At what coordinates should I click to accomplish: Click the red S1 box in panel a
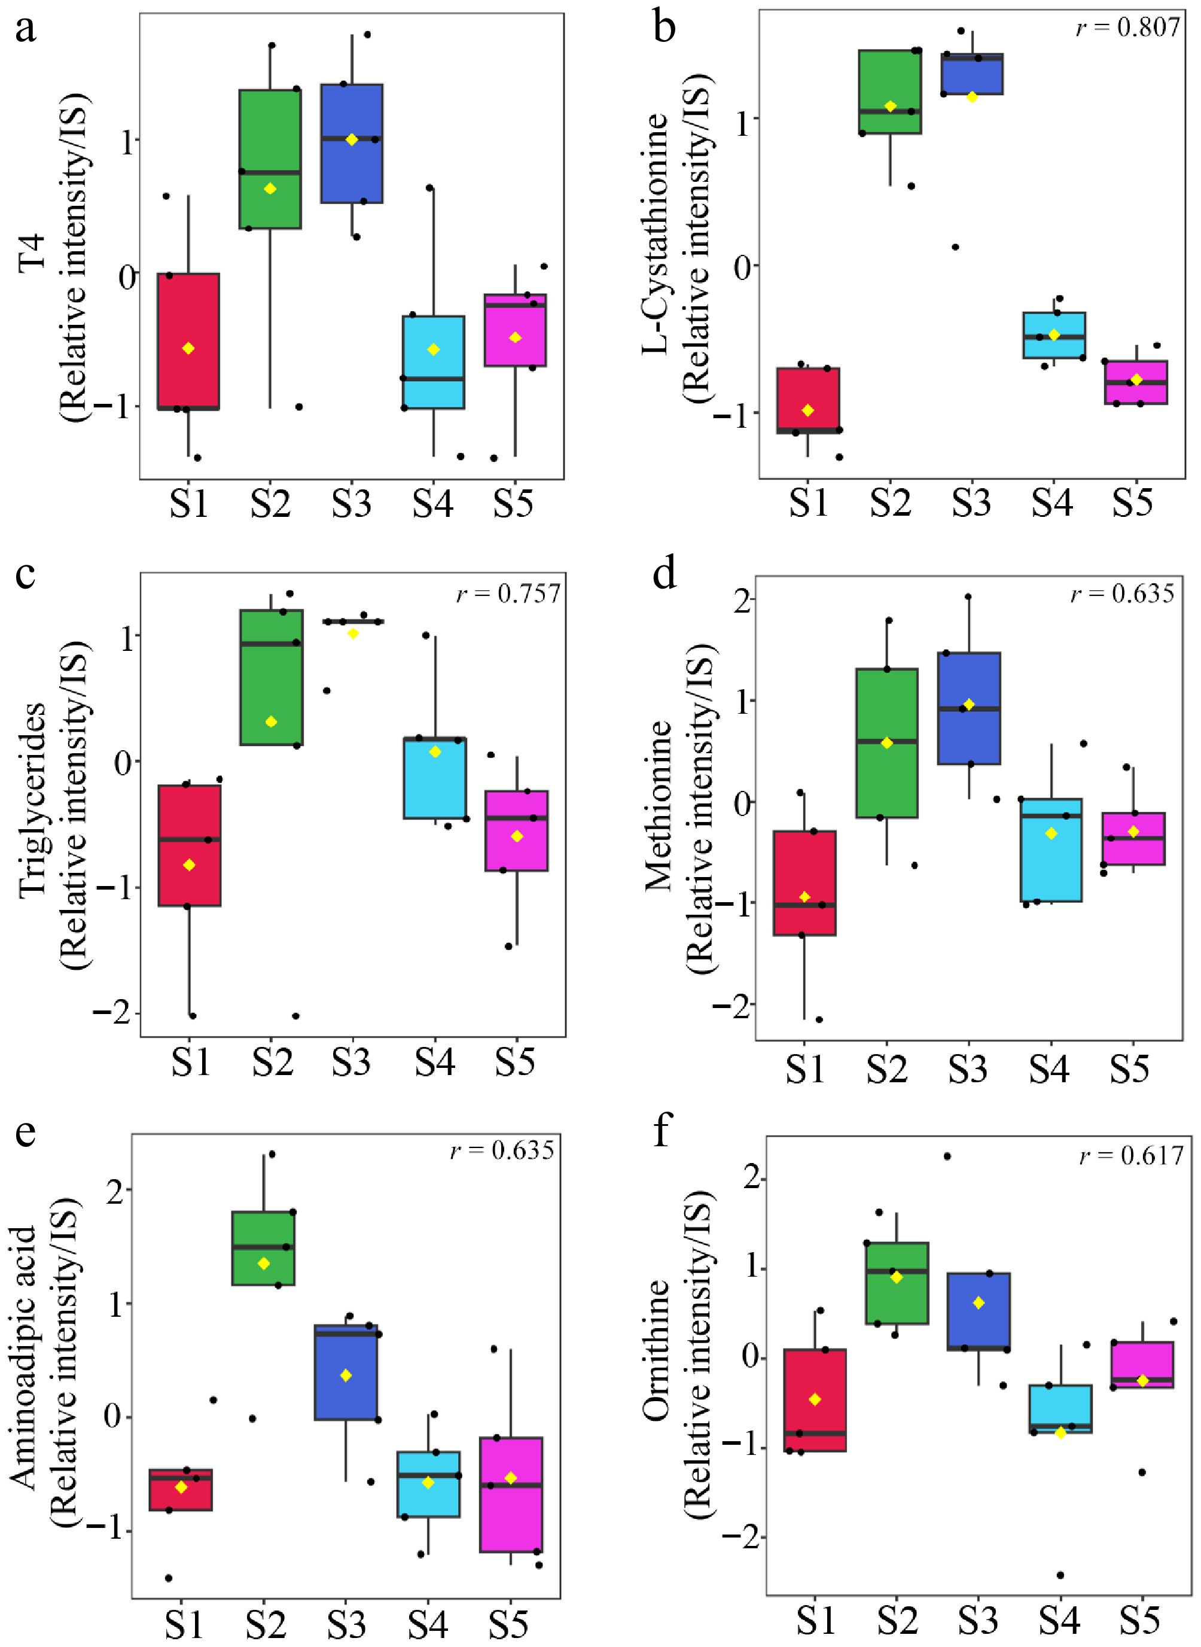188,341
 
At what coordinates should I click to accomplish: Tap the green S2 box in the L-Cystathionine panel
890,92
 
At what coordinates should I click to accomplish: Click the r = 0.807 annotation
1127,28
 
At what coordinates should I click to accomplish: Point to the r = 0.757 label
508,594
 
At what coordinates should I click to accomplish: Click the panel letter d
664,574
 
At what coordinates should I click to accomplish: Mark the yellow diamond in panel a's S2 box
270,189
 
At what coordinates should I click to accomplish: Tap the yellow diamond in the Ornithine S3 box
979,1303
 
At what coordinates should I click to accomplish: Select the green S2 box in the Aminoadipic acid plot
263,1249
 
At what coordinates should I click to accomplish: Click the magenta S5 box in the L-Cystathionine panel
1136,382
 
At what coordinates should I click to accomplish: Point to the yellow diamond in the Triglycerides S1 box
189,864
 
